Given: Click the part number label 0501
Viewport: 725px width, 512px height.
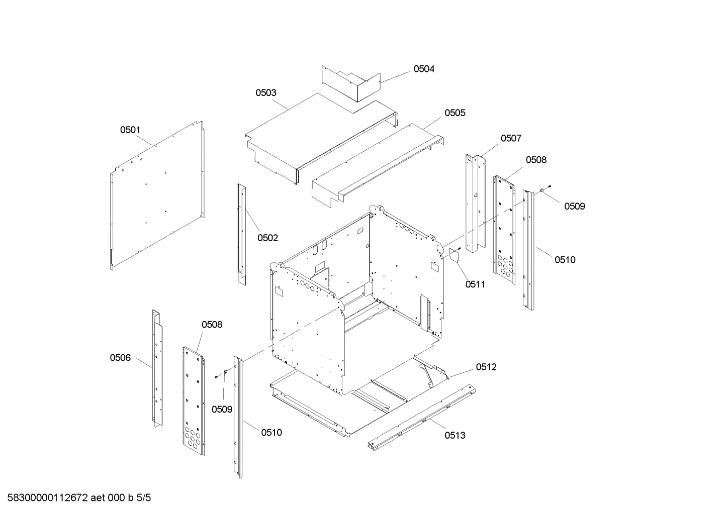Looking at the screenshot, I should coord(130,130).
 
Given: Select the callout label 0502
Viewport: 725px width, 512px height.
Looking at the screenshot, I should coord(267,238).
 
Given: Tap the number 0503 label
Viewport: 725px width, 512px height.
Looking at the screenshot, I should coord(266,92).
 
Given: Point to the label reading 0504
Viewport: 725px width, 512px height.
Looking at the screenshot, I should coord(424,69).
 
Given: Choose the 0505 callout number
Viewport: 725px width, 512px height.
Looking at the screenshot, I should coord(455,113).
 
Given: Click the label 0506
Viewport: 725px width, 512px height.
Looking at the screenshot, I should coord(120,358).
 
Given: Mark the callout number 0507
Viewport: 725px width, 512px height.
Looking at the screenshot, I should coord(511,138).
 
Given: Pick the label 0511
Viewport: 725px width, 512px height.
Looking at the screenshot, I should coord(475,284).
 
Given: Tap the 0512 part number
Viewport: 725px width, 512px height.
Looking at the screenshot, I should coord(486,367).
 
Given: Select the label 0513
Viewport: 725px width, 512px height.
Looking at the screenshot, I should coord(455,435).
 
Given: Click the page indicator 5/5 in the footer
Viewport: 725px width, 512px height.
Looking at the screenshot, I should coord(143,498).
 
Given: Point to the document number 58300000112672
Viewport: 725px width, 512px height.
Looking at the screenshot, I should coord(48,498).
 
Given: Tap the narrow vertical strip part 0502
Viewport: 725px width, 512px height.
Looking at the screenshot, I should coord(242,234).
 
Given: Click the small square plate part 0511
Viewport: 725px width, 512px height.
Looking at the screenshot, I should coord(455,255).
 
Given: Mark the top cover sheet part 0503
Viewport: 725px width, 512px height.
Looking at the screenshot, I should coord(312,136).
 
